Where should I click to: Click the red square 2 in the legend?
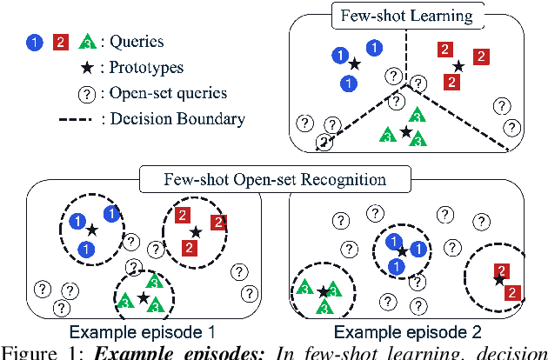tap(60, 42)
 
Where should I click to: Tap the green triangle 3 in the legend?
tap(87, 41)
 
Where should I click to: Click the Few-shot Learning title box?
tap(406, 16)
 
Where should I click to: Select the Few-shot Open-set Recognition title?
tap(275, 181)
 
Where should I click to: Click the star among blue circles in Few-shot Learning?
tap(354, 63)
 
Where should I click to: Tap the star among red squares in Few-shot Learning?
tap(458, 65)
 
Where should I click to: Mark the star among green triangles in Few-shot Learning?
tap(406, 131)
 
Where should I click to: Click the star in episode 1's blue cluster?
tap(90, 230)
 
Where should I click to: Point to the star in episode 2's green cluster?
tap(323, 291)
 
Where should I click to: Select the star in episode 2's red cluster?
tap(498, 279)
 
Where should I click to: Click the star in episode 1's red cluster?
tap(197, 231)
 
